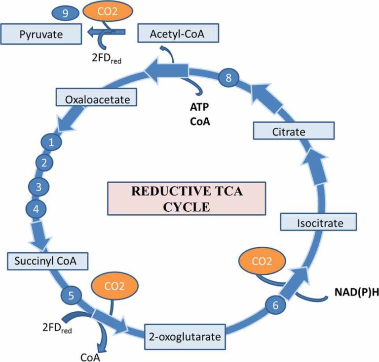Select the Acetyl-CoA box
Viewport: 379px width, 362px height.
(x=178, y=34)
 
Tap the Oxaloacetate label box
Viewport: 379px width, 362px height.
(x=97, y=100)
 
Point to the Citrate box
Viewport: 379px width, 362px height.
(x=294, y=132)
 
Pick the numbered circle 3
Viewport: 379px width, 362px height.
(x=37, y=187)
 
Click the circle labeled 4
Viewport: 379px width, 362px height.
(x=36, y=209)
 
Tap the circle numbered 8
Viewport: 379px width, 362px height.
(x=228, y=77)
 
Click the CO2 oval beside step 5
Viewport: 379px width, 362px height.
(x=115, y=284)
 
